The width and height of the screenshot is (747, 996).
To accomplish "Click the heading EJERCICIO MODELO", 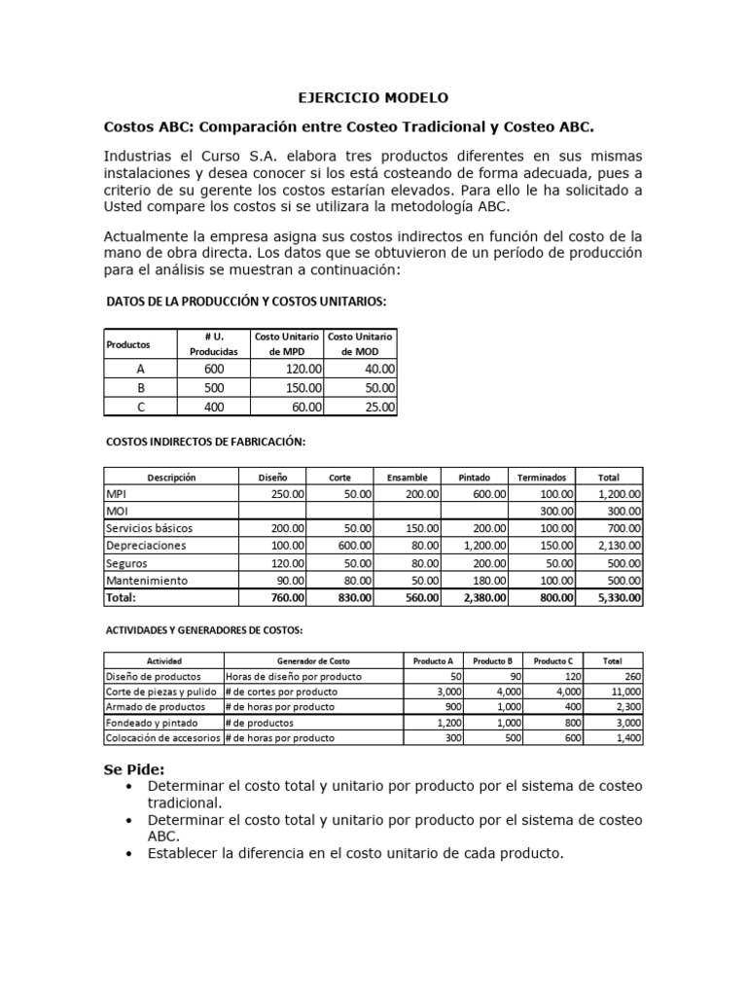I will point(373,98).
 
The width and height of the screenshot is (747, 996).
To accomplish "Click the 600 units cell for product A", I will point(214,369).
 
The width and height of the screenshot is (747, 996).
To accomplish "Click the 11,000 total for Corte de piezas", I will point(622,693).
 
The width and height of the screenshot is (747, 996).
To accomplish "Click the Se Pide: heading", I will point(134,768).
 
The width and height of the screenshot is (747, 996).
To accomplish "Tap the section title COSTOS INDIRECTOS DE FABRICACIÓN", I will point(205,442).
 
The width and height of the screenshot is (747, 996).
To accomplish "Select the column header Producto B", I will point(492,660).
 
